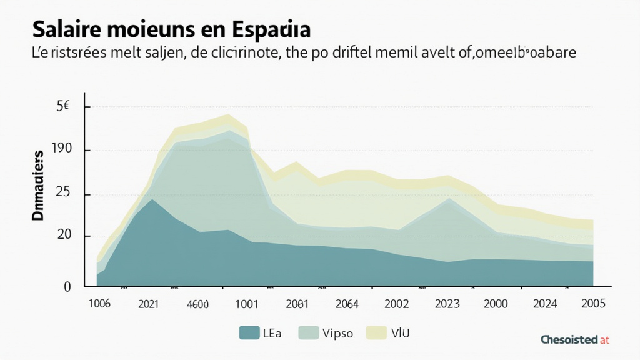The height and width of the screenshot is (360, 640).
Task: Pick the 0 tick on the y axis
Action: pyautogui.click(x=67, y=286)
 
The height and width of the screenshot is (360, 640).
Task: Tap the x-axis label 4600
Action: pyautogui.click(x=197, y=304)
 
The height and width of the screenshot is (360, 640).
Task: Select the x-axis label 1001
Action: pyautogui.click(x=246, y=304)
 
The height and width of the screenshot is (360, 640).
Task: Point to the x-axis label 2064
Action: pyautogui.click(x=346, y=304)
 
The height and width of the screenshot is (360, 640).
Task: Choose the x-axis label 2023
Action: pyautogui.click(x=446, y=304)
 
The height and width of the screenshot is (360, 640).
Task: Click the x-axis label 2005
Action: pyautogui.click(x=592, y=304)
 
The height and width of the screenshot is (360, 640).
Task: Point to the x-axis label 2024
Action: pyautogui.click(x=546, y=304)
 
